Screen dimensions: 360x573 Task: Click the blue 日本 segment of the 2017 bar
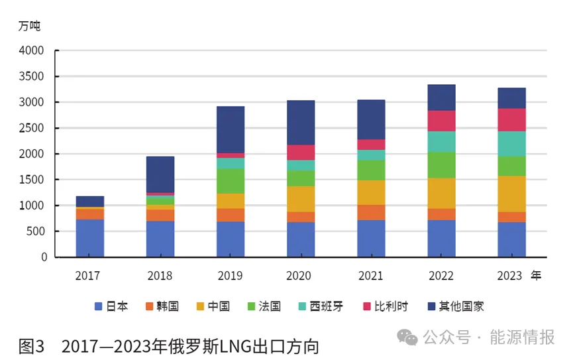[x=89, y=237]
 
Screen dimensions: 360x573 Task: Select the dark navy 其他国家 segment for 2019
[x=231, y=129]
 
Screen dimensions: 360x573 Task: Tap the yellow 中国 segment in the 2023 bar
[x=511, y=194]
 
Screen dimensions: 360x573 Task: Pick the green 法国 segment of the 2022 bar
[x=441, y=165]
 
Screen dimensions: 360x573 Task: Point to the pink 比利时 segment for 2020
[x=301, y=152]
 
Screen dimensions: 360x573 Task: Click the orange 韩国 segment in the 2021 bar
[x=371, y=212]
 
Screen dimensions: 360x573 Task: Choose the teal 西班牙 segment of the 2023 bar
[x=511, y=143]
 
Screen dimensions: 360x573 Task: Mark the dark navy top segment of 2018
[x=160, y=174]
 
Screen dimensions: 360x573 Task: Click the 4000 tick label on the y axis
[x=32, y=50]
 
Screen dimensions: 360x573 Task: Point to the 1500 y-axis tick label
[x=32, y=180]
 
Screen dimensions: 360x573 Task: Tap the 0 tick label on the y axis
[x=44, y=257]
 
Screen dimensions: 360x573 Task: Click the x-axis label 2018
[x=160, y=276]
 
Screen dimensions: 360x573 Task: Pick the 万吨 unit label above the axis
[x=29, y=26]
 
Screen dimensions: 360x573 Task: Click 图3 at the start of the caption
[x=31, y=346]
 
